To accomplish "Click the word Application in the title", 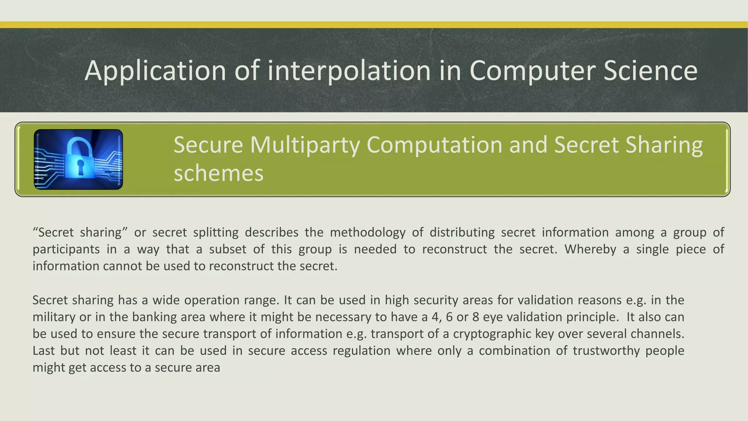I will point(155,71).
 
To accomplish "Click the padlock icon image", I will point(78,159).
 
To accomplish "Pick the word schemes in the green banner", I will point(218,173).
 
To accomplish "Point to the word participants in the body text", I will point(66,249).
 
